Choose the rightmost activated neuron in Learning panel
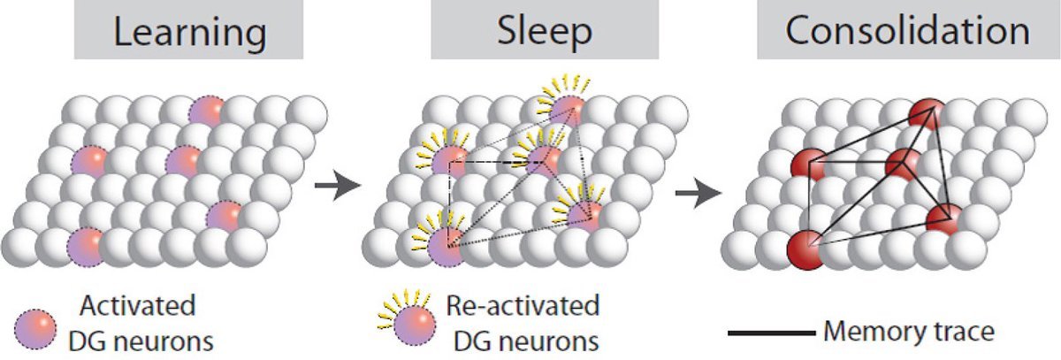(225, 215)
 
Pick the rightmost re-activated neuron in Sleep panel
(587, 215)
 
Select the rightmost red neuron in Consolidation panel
(945, 218)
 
